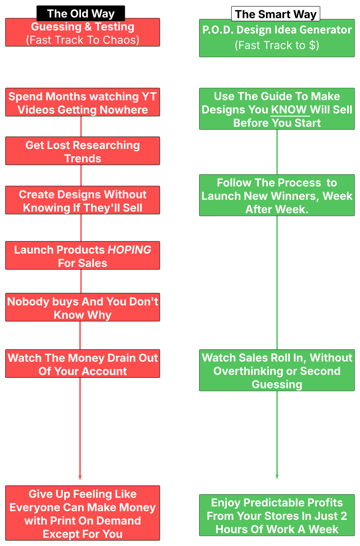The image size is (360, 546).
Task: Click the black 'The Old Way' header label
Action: point(80,13)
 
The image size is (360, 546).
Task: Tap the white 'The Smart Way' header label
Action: point(276,14)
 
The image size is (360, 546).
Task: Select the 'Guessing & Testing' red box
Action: point(82,33)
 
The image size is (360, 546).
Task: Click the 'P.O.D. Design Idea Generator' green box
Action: point(277,38)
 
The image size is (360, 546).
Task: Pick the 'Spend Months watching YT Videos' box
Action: point(82,103)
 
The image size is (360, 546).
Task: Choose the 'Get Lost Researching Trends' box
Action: point(82,151)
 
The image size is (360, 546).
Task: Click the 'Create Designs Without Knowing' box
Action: point(82,201)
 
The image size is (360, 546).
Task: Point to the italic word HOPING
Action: point(130,250)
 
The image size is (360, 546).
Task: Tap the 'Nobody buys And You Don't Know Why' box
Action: point(82,308)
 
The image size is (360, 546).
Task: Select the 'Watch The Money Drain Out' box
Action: point(82,364)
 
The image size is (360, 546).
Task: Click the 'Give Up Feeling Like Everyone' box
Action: point(82,514)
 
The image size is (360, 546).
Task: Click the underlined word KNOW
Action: point(289,110)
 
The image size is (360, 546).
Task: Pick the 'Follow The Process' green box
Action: point(277,196)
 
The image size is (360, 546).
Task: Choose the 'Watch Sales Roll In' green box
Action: point(277,371)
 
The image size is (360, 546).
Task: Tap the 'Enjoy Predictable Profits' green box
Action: point(277,516)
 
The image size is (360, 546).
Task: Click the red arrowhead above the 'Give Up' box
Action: point(80,478)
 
